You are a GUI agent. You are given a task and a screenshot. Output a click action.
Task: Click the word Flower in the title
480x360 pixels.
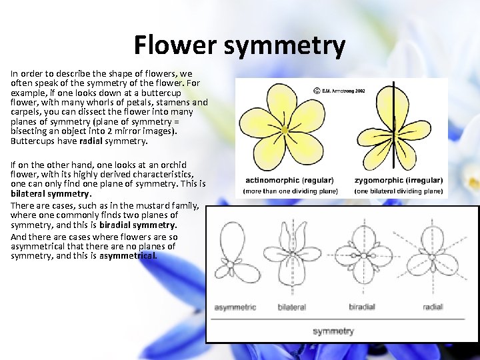pos(175,45)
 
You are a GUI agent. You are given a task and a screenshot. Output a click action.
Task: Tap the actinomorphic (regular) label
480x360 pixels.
pos(291,180)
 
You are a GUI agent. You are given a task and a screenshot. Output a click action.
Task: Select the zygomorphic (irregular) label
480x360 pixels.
pos(399,180)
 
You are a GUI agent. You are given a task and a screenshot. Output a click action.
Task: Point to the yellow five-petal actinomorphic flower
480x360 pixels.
pos(285,128)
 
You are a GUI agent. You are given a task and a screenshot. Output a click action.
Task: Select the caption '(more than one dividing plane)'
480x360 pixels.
pos(291,191)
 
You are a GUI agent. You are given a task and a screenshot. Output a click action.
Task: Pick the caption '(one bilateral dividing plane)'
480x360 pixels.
pos(399,191)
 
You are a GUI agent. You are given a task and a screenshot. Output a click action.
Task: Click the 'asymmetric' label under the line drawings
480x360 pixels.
pos(235,307)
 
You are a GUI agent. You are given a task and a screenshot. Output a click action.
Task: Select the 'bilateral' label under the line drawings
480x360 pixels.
pos(291,307)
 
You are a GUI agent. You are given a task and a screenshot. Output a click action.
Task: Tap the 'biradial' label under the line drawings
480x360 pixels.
pos(362,307)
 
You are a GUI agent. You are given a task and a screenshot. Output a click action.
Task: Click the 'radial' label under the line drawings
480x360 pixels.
pos(433,307)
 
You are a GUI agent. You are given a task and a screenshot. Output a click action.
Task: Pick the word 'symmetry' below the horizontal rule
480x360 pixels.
pos(333,331)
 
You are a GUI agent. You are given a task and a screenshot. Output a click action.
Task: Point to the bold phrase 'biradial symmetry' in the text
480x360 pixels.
pos(137,225)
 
